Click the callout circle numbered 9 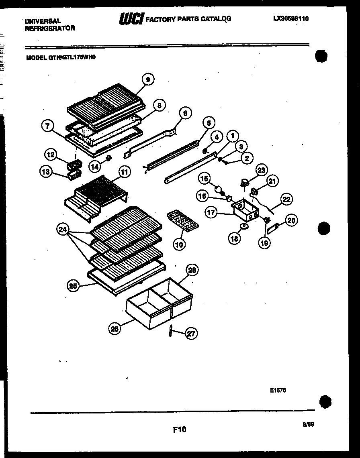pos(148,80)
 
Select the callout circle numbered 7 pos(48,126)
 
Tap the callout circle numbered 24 pos(62,230)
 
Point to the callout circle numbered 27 pos(192,334)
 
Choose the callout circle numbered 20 pos(291,220)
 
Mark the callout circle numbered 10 pos(180,244)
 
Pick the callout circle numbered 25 pos(72,286)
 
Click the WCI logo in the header pos(131,18)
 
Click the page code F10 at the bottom pos(180,430)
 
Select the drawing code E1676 pos(278,390)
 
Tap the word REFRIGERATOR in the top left pos(50,28)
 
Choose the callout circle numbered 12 pos(51,154)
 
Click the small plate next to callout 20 pos(274,229)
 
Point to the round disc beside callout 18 pos(243,227)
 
